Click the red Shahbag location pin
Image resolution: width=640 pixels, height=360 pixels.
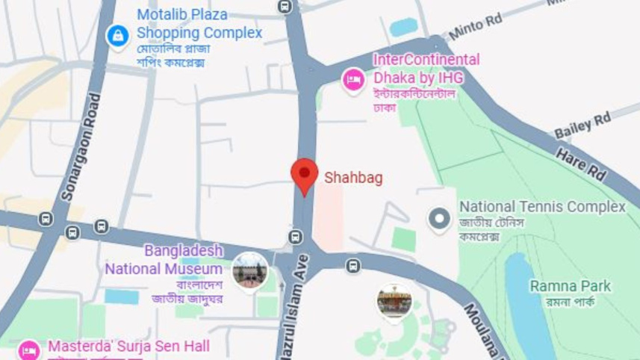click(x=304, y=176)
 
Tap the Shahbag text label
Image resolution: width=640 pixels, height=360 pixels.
click(x=353, y=178)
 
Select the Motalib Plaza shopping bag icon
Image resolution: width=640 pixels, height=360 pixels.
click(x=117, y=35)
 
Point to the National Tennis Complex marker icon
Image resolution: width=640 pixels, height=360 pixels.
click(x=439, y=219)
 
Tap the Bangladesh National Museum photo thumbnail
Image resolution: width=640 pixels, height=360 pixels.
click(x=249, y=270)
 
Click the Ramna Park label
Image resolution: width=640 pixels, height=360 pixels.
click(x=570, y=286)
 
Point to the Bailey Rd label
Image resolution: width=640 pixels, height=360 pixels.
click(x=582, y=125)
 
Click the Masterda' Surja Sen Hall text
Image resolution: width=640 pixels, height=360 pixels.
click(x=128, y=347)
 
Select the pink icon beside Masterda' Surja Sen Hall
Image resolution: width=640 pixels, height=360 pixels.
click(x=29, y=350)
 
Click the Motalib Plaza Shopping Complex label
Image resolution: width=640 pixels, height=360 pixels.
click(x=199, y=24)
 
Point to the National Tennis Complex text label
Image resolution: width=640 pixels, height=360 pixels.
click(x=542, y=207)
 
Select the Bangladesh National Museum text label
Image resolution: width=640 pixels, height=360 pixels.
click(x=164, y=259)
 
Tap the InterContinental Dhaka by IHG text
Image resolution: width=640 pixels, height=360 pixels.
click(x=426, y=68)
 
